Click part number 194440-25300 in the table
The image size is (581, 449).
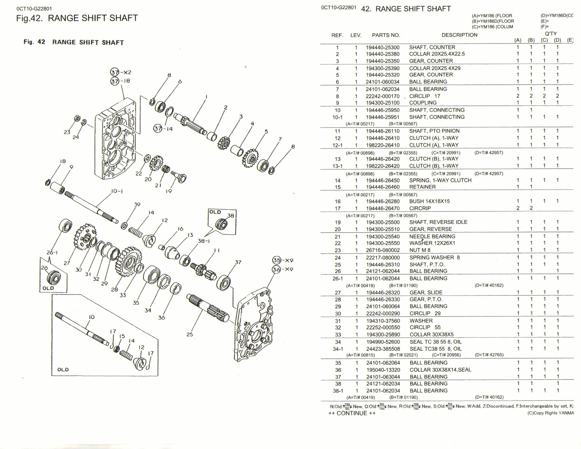coord(382,48)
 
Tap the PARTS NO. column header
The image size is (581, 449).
coord(386,35)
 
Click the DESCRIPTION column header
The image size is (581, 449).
coord(459,35)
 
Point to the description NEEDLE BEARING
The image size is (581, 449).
coord(432,236)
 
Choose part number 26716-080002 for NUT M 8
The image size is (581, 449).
coord(383,250)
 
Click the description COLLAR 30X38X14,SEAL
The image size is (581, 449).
coord(440,370)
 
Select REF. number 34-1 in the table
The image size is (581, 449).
coord(338,349)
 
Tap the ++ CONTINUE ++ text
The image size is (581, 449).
coord(352,413)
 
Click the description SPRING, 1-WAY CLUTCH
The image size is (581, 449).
coord(440,180)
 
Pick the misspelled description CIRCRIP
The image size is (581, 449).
coord(420,208)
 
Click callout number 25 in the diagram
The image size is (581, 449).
coord(189,334)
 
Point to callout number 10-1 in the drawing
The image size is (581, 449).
coord(116,191)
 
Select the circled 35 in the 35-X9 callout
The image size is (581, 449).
coord(277,260)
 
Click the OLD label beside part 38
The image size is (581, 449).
coord(215,212)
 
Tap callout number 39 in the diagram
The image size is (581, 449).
coord(137,204)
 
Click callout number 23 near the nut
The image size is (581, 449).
coord(67,132)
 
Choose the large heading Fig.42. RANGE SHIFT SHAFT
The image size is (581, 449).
coord(77,18)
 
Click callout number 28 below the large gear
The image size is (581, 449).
coord(114,289)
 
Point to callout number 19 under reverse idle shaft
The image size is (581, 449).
coord(169,191)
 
